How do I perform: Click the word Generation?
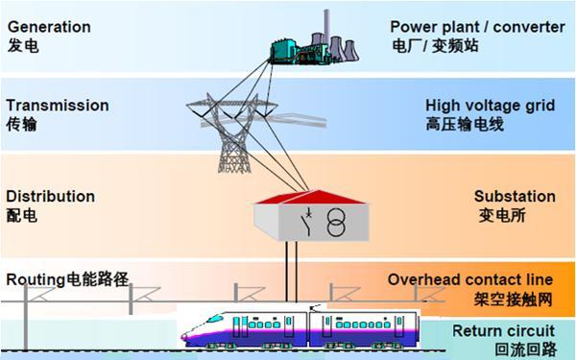[x=48, y=27]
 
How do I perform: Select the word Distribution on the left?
[x=51, y=196]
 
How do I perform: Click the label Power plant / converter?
[x=478, y=27]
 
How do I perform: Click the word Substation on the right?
[x=515, y=196]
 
